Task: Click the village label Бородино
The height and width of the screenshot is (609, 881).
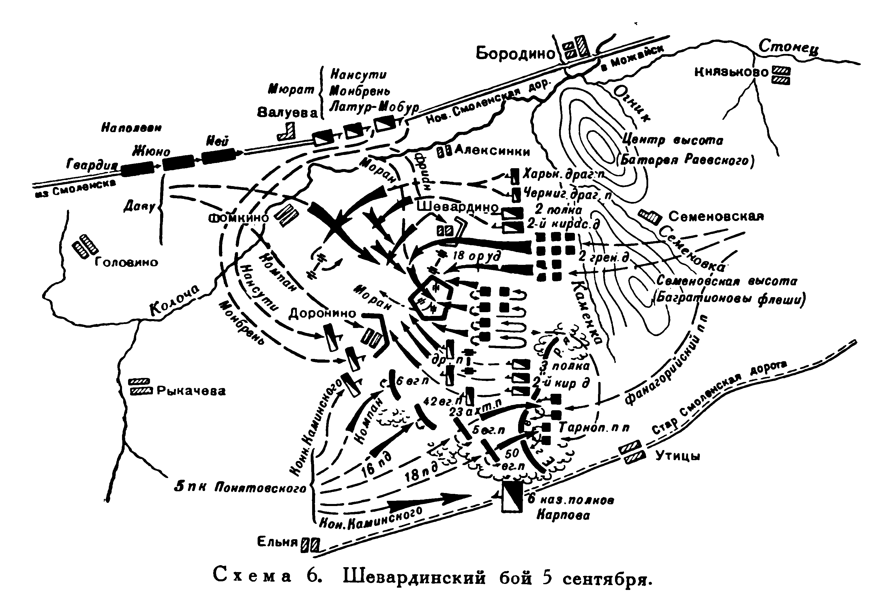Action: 515,54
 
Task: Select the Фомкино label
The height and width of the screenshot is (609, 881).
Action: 239,218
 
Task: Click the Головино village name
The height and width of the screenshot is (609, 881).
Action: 126,263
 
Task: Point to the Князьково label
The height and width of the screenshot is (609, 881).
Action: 731,72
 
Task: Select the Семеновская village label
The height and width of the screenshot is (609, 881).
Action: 716,217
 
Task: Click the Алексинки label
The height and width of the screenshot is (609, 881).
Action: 492,152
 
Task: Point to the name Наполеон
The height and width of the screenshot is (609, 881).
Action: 131,128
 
